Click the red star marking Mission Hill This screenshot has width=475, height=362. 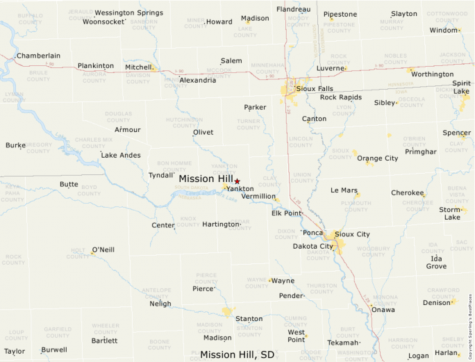[237, 181]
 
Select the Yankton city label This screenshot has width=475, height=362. [240, 188]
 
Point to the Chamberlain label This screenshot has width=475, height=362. [38, 56]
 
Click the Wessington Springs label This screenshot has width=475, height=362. [128, 13]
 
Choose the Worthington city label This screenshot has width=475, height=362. [432, 74]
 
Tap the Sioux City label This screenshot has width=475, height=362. [353, 234]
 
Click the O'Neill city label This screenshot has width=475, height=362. [103, 249]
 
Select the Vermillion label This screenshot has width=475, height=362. [258, 196]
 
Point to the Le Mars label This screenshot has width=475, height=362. [344, 190]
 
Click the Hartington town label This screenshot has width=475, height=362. [221, 224]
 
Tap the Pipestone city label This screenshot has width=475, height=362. [340, 14]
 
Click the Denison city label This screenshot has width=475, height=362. [436, 302]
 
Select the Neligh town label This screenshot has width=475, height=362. [160, 304]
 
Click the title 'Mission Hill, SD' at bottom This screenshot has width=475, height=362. [237, 354]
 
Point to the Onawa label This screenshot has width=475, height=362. [383, 309]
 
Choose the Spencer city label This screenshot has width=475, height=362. [456, 133]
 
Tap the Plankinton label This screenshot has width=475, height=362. [96, 65]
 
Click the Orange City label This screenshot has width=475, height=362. [377, 158]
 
